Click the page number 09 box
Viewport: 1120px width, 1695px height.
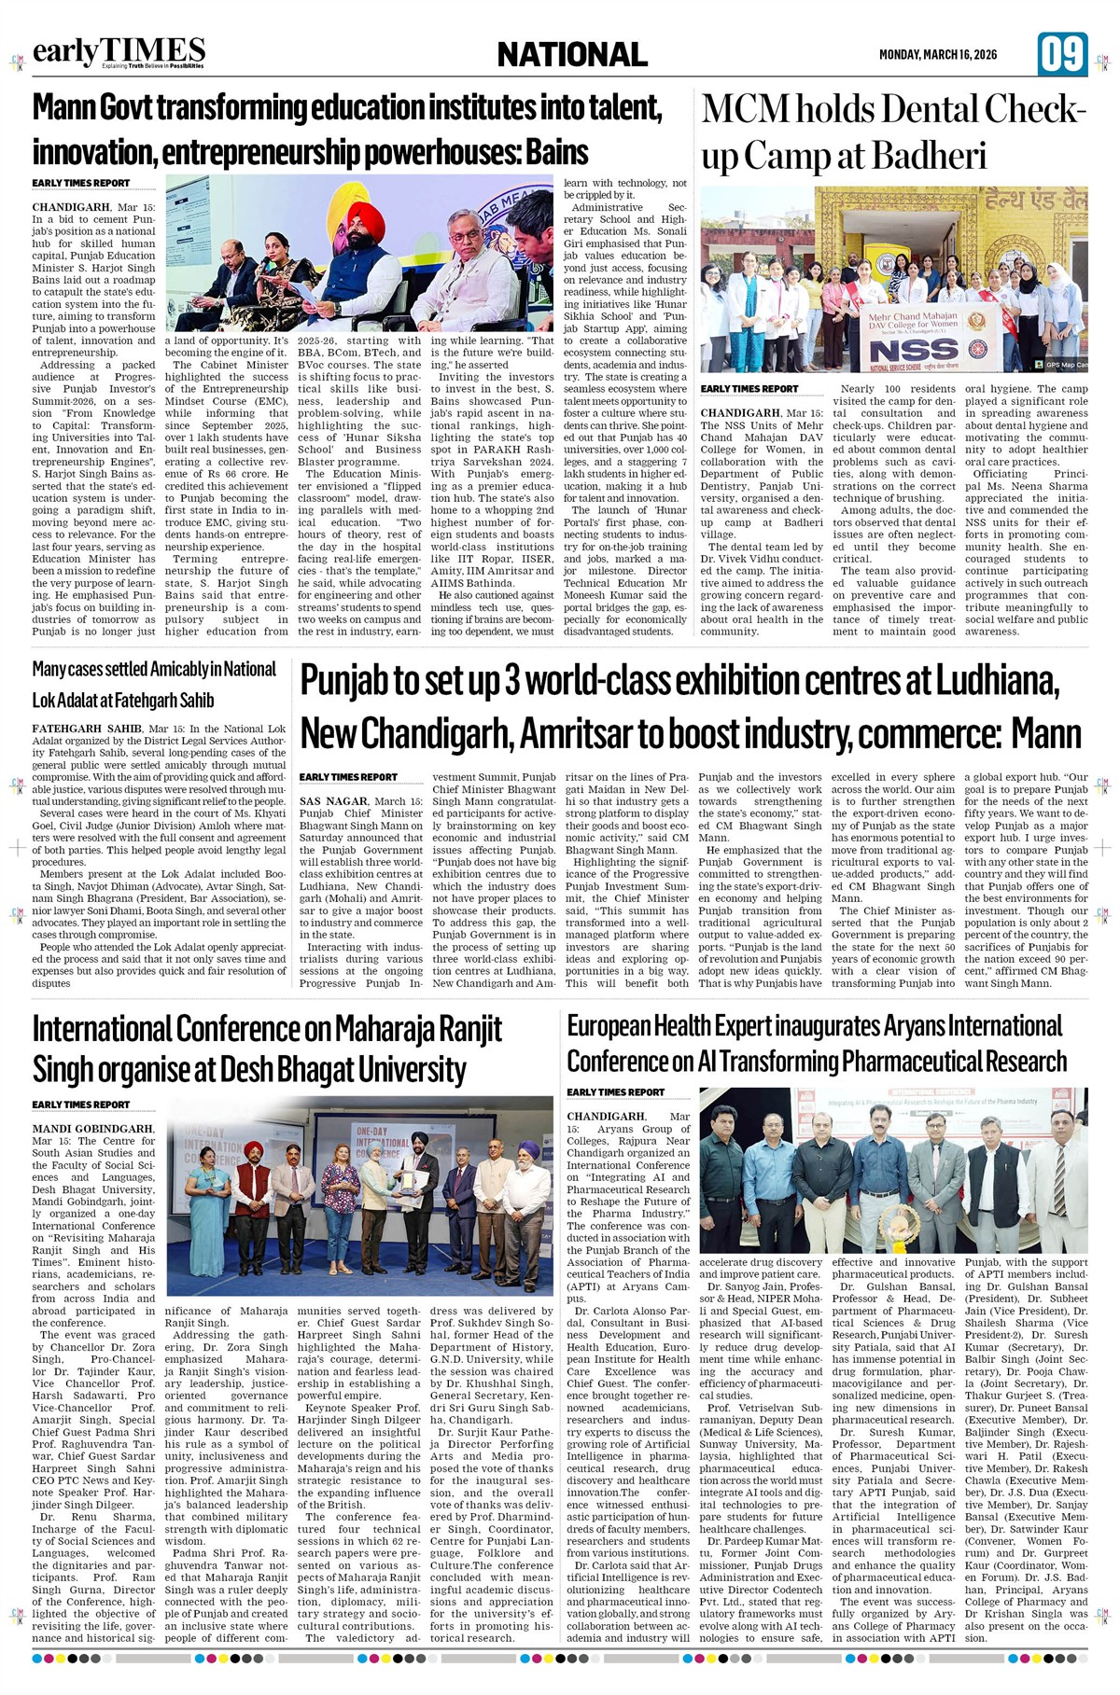1062,54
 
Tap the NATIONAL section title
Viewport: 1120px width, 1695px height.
572,55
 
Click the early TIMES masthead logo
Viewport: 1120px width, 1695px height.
119,51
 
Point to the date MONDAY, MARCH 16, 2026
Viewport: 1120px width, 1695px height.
937,55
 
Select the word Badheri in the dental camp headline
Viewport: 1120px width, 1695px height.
929,156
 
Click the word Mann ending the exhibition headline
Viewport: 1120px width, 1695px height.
1046,734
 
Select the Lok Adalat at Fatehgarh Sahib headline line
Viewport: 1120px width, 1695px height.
123,700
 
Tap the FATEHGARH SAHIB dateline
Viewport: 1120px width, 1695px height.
87,729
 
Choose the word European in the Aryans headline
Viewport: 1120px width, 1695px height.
609,1026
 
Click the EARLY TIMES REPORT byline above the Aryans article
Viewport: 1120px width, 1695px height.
616,1092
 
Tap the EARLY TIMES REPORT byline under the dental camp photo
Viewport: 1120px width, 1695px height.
749,389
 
